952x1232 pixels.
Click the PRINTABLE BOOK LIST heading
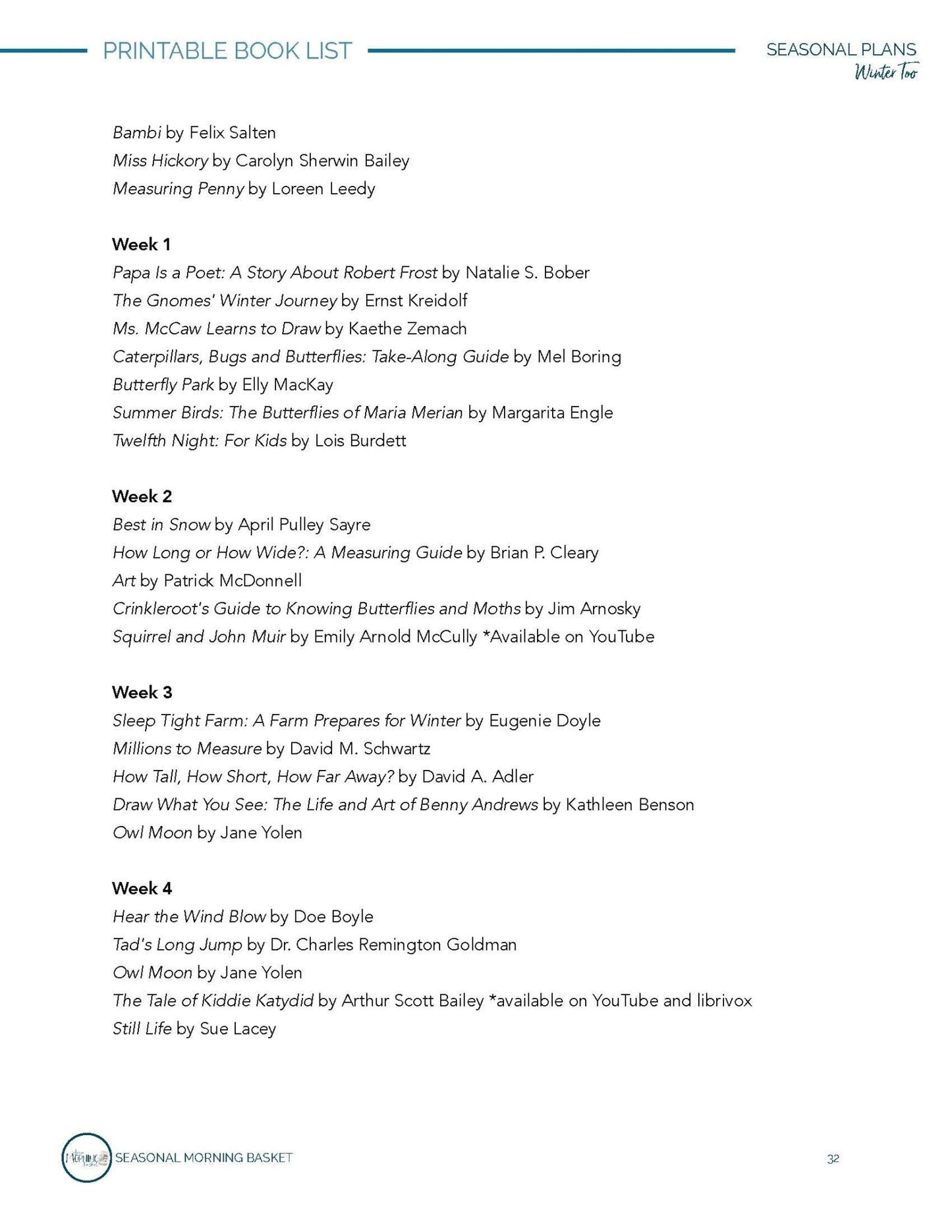click(227, 51)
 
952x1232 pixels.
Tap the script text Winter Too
click(885, 72)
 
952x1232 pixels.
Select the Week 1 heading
click(141, 245)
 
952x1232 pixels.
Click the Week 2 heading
click(142, 496)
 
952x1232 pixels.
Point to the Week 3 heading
click(142, 692)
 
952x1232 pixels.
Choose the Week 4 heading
click(142, 889)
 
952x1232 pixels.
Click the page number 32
click(833, 1159)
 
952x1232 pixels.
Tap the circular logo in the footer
click(86, 1158)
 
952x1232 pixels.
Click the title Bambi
click(136, 132)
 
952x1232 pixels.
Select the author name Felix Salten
click(232, 132)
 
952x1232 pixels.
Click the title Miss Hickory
click(160, 161)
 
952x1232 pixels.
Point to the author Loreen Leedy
click(323, 189)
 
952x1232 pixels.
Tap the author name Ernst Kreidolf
click(416, 301)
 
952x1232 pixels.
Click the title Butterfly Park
click(163, 385)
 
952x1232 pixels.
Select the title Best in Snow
click(161, 525)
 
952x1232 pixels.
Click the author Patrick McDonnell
click(233, 581)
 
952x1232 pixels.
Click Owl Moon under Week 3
click(152, 833)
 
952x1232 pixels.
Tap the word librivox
click(724, 1001)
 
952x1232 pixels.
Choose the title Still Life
click(142, 1029)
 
